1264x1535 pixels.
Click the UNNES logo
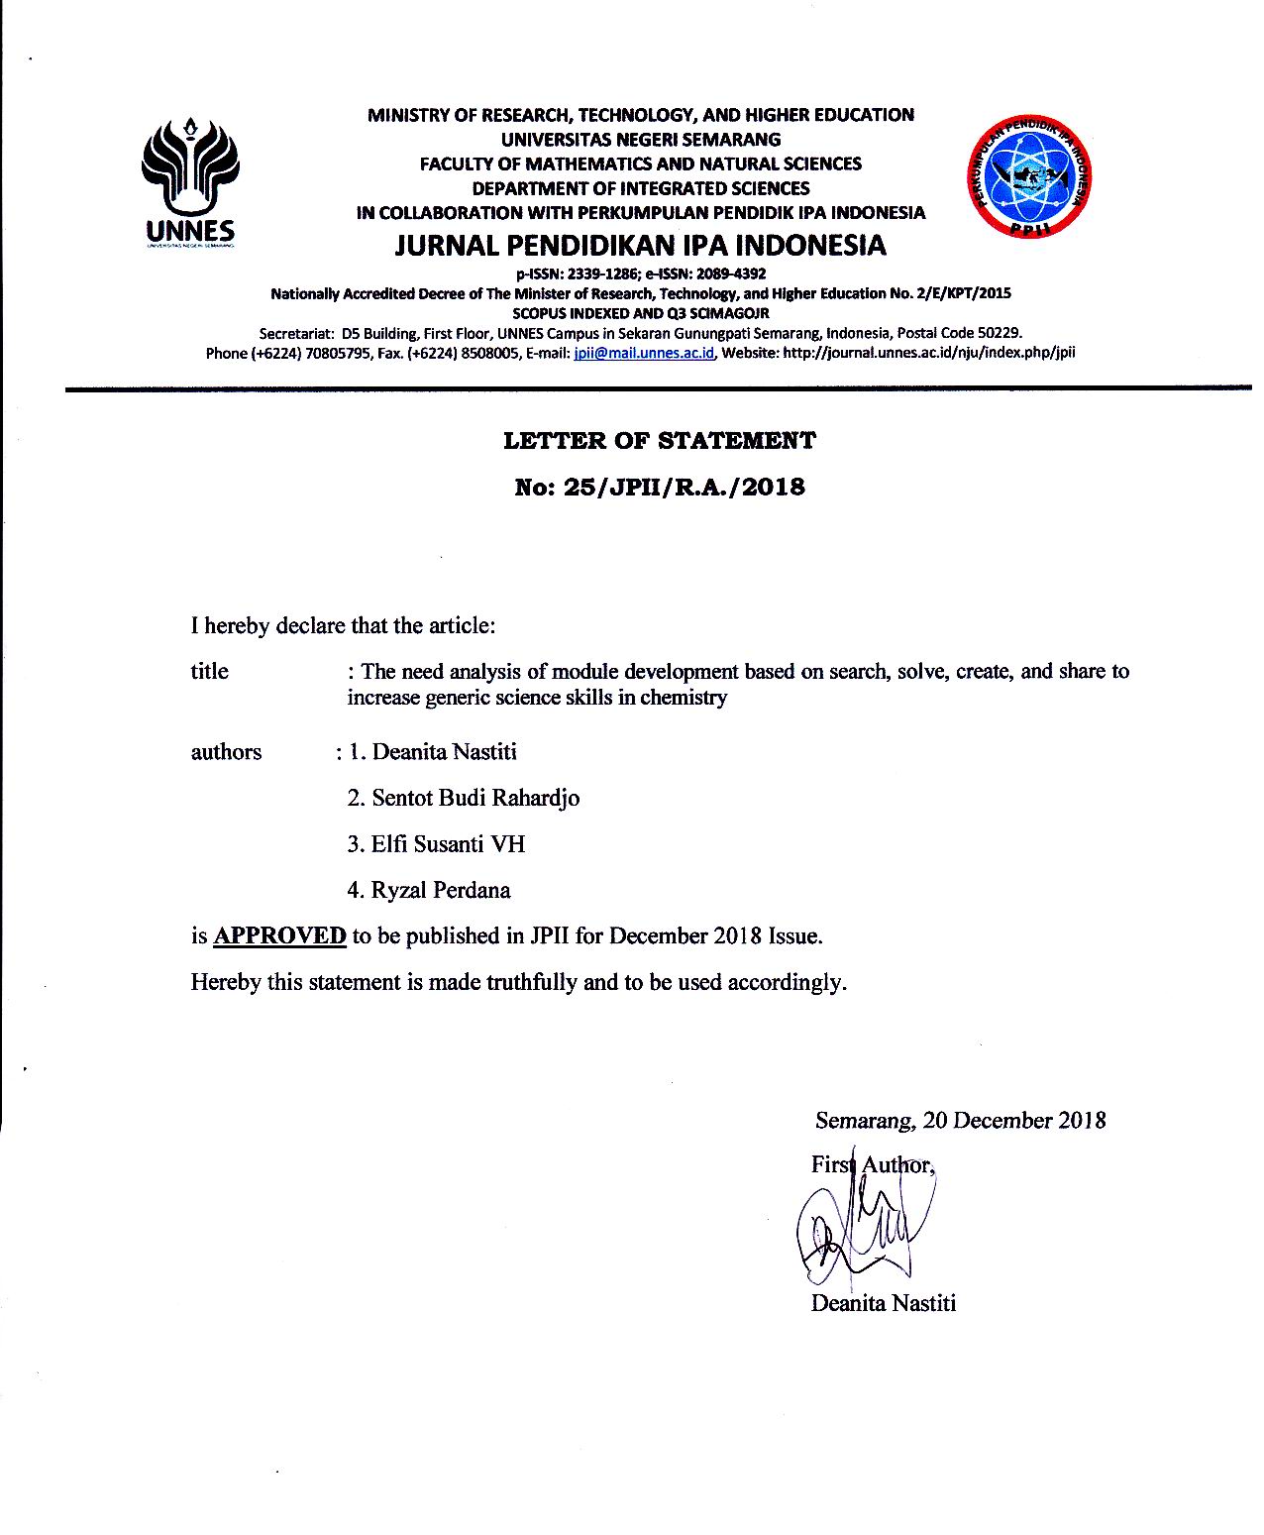[190, 178]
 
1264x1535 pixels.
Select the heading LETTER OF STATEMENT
[659, 440]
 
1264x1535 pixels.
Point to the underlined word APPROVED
[279, 935]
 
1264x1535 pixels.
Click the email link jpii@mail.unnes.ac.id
[644, 353]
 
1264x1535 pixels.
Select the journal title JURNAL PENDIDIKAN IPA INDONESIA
[640, 245]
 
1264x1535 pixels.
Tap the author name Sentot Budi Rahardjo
[475, 798]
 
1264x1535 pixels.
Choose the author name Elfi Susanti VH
[448, 844]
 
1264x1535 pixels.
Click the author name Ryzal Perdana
[441, 890]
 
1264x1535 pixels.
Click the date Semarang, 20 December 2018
[960, 1121]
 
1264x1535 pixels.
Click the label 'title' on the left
[209, 671]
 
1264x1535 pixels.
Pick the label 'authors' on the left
[226, 751]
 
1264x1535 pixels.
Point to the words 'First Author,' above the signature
[872, 1164]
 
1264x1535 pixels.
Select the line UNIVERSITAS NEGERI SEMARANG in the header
[640, 140]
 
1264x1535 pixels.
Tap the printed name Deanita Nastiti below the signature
[883, 1303]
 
